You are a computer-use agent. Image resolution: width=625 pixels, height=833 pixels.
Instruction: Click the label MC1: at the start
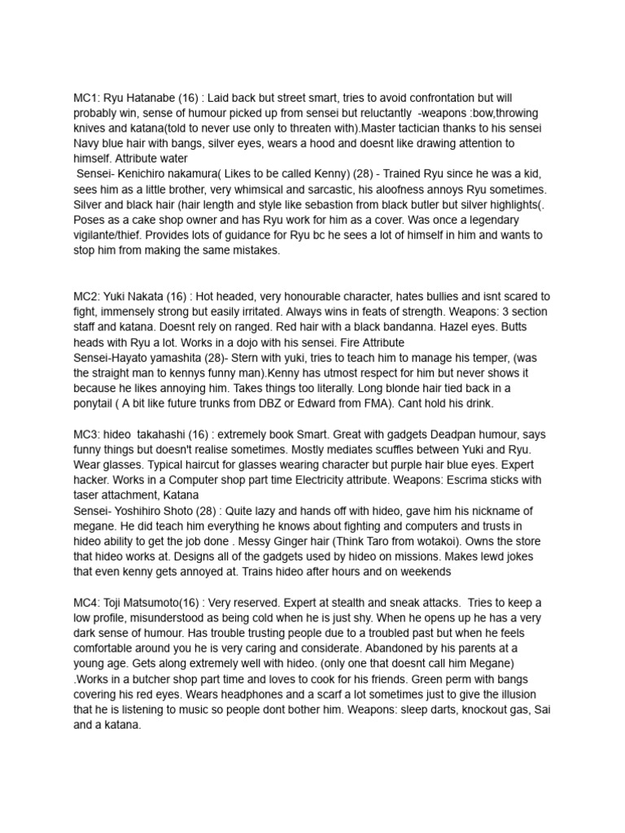[x=86, y=98]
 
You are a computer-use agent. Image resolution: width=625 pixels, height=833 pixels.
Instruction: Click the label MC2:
[x=86, y=297]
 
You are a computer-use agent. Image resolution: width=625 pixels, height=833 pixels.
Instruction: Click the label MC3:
[x=86, y=434]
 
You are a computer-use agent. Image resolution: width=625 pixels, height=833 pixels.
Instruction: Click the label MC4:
[x=86, y=602]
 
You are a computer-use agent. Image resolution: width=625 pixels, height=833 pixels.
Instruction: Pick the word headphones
[x=161, y=694]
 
